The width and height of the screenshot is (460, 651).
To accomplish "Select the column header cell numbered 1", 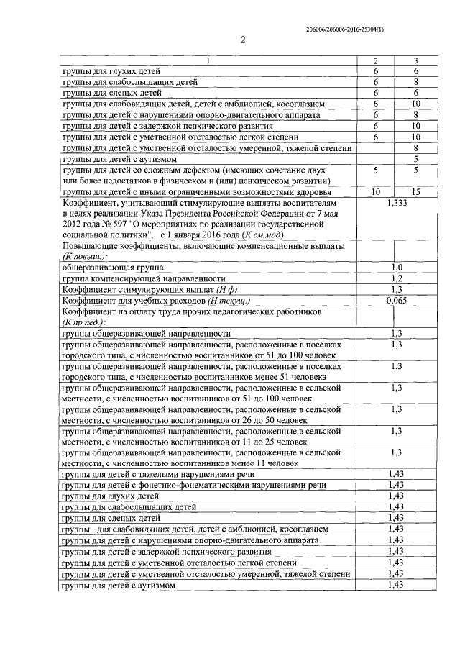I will click(x=208, y=61).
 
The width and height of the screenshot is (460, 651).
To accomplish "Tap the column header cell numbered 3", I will click(x=415, y=61).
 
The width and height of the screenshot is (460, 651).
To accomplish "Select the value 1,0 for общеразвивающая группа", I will click(x=396, y=267).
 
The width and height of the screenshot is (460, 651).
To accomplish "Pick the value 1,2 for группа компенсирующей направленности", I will click(x=396, y=278).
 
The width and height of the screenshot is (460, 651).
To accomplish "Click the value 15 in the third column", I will click(x=415, y=192).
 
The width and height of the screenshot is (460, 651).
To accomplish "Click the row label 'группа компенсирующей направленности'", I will click(x=144, y=278).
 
